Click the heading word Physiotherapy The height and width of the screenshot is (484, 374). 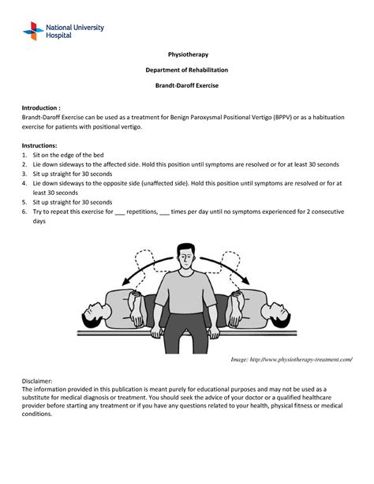pos(186,54)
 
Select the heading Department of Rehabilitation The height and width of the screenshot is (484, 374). pos(186,69)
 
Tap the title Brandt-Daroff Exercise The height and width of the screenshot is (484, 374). pos(186,84)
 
